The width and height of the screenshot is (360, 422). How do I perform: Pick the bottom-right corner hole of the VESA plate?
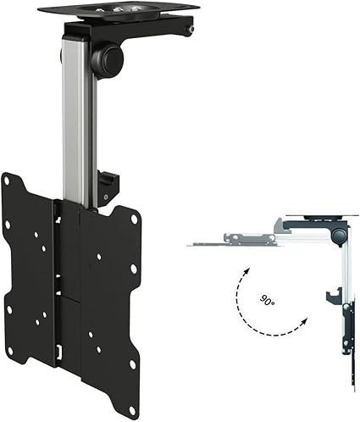point(132,364)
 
